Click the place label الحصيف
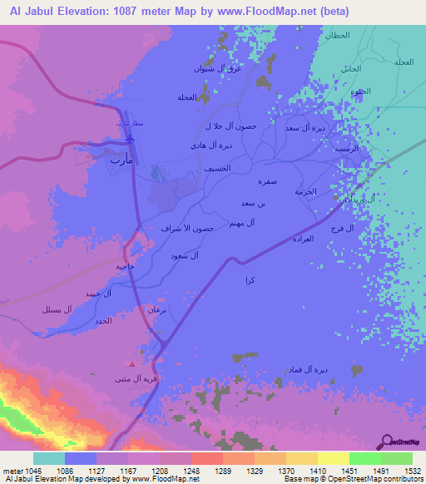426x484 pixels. point(218,168)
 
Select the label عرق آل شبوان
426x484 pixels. point(220,69)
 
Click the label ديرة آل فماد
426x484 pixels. point(308,368)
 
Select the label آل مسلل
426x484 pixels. point(57,309)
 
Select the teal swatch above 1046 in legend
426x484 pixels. point(49,458)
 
